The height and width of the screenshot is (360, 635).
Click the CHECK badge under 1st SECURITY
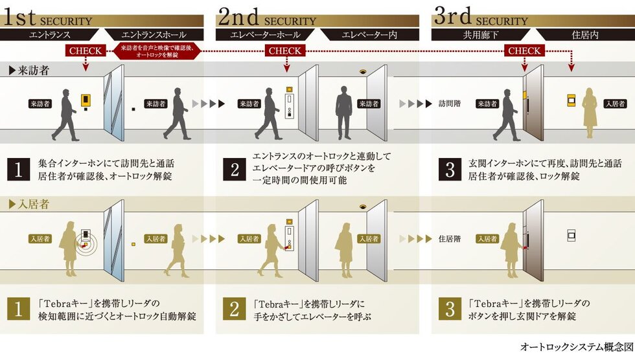point(86,51)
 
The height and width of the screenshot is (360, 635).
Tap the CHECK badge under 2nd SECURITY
point(285,51)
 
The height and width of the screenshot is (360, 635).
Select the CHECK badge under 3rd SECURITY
point(524,51)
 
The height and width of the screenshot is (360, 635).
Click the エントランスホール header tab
point(154,35)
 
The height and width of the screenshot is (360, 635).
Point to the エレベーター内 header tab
point(369,35)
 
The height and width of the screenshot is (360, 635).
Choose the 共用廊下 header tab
point(481,35)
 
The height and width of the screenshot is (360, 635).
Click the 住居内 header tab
point(585,35)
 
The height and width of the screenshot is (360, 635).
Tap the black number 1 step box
point(18,169)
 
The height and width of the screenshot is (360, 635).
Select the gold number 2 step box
point(235,309)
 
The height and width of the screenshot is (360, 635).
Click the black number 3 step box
point(450,169)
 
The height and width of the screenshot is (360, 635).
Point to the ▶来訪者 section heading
point(29,71)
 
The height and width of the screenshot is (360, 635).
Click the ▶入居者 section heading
point(29,204)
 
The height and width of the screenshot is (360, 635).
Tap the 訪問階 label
point(450,104)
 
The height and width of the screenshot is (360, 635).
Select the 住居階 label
point(450,239)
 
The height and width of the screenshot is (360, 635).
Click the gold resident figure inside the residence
point(590,113)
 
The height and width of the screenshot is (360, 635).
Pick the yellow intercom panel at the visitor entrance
point(86,100)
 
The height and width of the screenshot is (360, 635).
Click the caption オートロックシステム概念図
point(577,346)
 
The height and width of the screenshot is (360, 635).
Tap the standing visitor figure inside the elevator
point(344,113)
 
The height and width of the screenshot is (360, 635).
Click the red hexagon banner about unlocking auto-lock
point(157,51)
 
